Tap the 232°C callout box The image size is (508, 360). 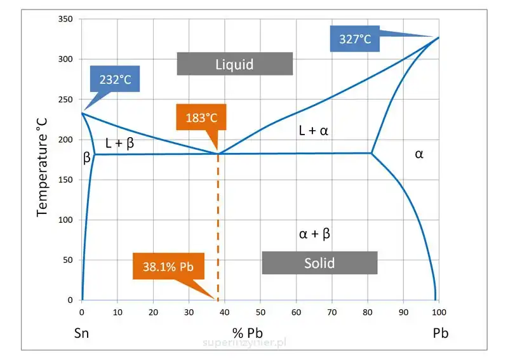(x=115, y=81)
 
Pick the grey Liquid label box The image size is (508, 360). (x=234, y=64)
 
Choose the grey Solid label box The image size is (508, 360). (x=319, y=263)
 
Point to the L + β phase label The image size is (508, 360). (x=119, y=143)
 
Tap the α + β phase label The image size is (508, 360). (x=314, y=234)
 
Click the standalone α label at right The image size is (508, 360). (x=419, y=154)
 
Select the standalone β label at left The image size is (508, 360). (x=87, y=159)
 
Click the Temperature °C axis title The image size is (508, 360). (x=43, y=162)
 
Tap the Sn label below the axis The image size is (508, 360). (x=81, y=333)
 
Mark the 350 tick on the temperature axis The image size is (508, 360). (x=65, y=19)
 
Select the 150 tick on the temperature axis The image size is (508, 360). (x=65, y=180)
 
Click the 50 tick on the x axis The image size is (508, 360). (x=260, y=312)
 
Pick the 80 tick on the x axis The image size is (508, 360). (x=367, y=312)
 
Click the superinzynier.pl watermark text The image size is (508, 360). (x=245, y=342)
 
